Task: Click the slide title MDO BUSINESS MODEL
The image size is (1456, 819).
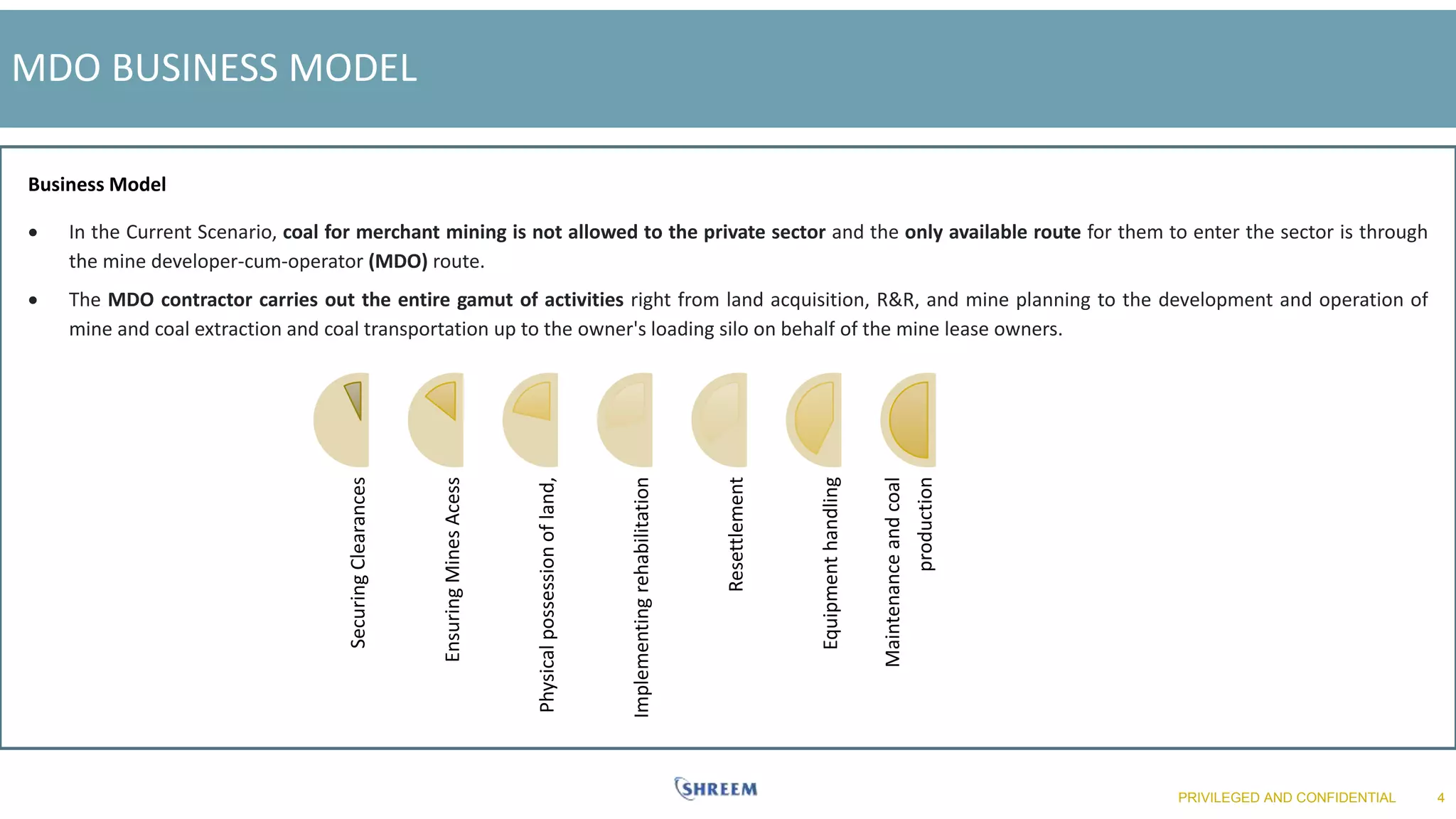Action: [x=214, y=68]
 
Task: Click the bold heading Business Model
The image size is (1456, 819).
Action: [x=97, y=185]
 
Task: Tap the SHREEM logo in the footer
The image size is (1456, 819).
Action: [x=716, y=788]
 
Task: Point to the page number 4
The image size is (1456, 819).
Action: [x=1440, y=798]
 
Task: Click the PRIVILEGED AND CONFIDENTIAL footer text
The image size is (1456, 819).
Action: [x=1286, y=798]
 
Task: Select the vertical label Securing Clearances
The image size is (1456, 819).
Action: [x=358, y=562]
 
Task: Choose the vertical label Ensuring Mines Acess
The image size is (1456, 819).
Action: [x=453, y=569]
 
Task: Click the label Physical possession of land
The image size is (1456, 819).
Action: [x=547, y=595]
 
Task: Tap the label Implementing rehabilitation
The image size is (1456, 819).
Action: [x=641, y=597]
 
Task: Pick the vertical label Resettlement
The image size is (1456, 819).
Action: [x=736, y=534]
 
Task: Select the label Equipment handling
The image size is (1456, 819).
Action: [x=830, y=562]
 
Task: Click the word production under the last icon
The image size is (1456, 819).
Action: [x=925, y=524]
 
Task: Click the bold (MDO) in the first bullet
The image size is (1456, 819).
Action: [x=398, y=262]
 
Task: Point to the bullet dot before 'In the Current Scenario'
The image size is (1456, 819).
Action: [x=33, y=232]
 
